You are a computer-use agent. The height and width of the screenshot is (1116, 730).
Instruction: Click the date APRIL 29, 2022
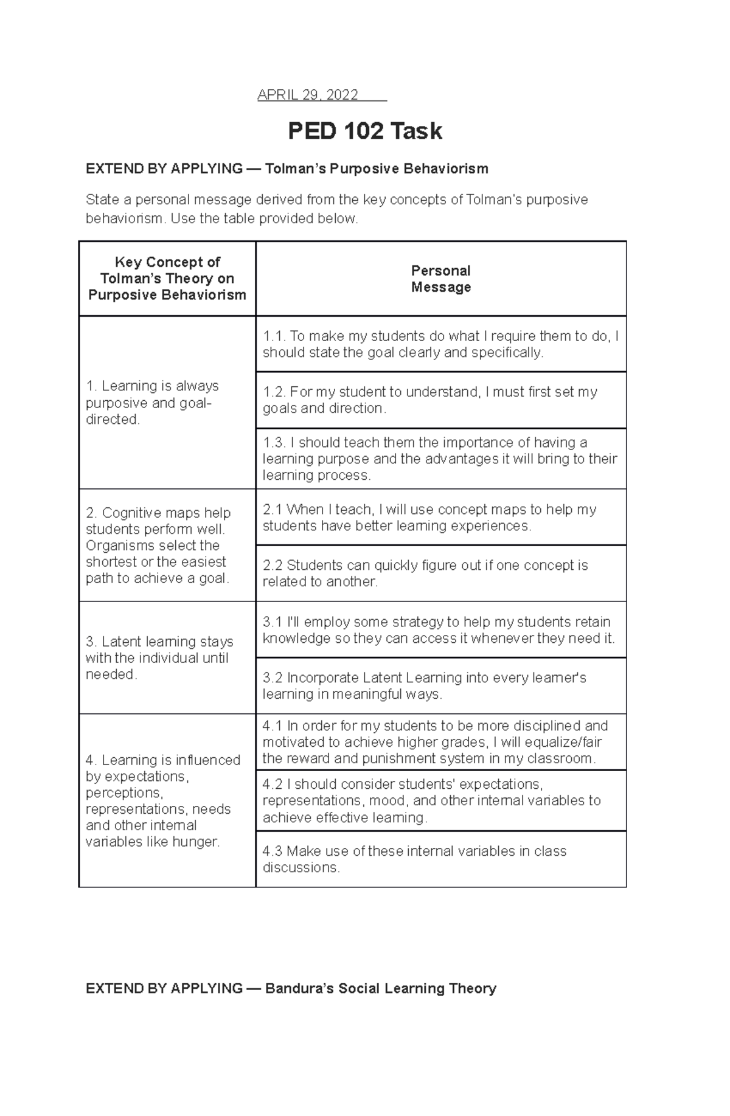pos(308,95)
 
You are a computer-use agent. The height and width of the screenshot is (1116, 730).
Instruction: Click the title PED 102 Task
pos(365,131)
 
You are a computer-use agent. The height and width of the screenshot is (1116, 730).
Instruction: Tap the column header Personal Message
pos(441,279)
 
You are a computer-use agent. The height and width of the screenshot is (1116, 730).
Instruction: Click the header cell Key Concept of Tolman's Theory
pos(167,279)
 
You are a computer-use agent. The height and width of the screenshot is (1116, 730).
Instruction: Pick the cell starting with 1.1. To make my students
pos(440,344)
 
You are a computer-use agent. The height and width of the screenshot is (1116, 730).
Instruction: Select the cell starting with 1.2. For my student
pos(440,400)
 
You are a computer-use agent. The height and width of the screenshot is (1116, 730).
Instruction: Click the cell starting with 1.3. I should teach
pos(440,459)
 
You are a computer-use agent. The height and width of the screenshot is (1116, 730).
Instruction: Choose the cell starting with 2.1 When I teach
pos(440,517)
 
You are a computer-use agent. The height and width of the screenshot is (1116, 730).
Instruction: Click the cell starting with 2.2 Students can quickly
pos(440,573)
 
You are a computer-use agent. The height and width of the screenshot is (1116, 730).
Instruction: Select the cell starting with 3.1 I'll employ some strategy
pos(440,629)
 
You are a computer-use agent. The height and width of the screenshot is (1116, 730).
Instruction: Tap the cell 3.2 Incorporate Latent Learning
pos(440,685)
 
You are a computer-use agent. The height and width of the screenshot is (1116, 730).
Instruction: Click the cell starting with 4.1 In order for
pos(440,742)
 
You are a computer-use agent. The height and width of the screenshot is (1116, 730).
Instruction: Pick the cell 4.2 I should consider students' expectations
pos(440,800)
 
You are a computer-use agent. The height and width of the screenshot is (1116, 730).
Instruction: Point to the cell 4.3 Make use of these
pos(440,859)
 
